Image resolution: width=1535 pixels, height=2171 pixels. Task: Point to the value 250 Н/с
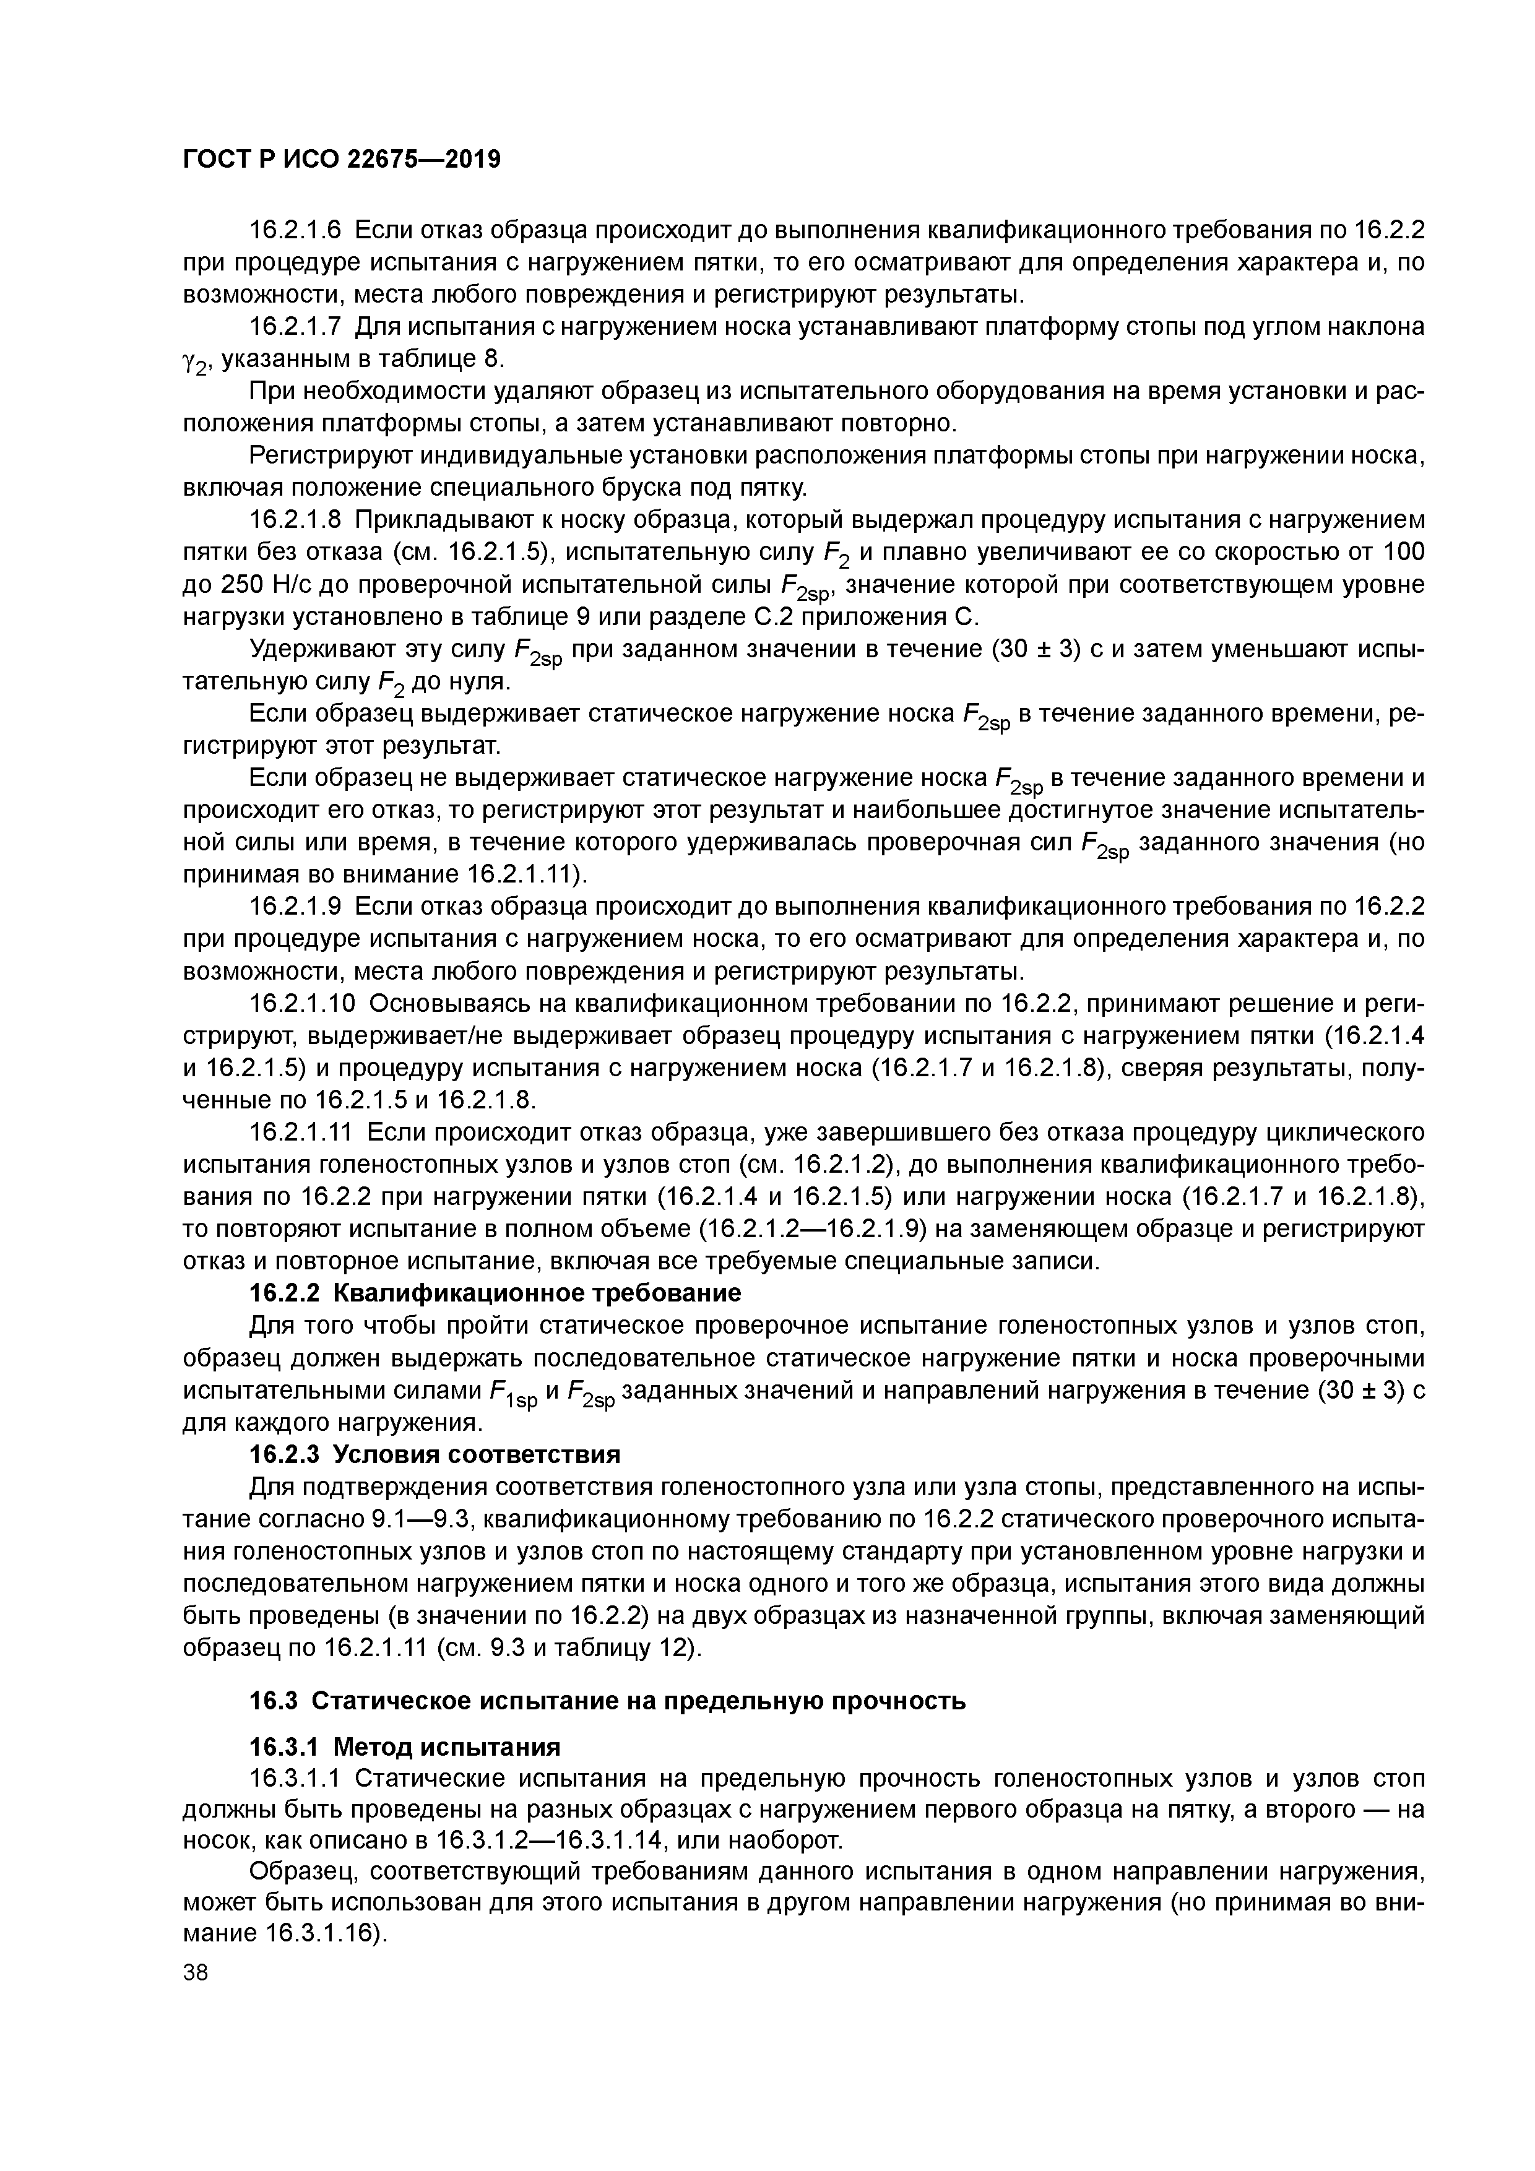pyautogui.click(x=244, y=584)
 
